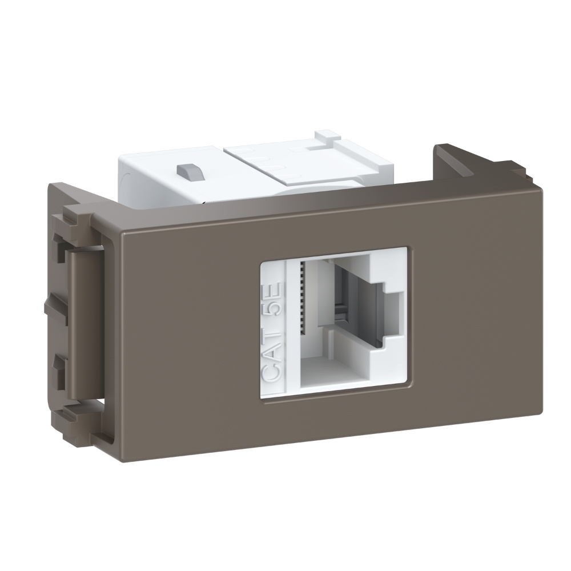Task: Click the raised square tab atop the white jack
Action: [326, 137]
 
